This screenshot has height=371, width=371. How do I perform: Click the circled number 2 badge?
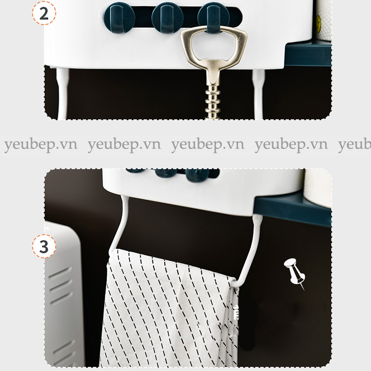click(44, 13)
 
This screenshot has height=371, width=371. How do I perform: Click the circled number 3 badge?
click(44, 246)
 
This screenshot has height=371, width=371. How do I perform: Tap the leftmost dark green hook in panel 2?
click(119, 18)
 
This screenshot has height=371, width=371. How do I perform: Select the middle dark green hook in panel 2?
click(167, 18)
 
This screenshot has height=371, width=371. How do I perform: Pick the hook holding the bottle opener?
click(213, 18)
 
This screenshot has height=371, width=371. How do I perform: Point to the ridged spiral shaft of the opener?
click(212, 102)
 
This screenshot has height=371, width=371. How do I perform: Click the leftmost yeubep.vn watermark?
click(41, 144)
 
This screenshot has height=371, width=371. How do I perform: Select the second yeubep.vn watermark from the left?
click(124, 144)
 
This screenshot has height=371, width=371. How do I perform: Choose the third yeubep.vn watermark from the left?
click(207, 144)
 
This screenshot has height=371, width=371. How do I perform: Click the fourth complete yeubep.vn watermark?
click(291, 144)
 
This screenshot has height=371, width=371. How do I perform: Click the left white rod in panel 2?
click(63, 94)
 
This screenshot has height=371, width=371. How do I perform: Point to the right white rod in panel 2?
click(258, 94)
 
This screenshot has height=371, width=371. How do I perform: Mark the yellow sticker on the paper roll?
click(319, 20)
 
